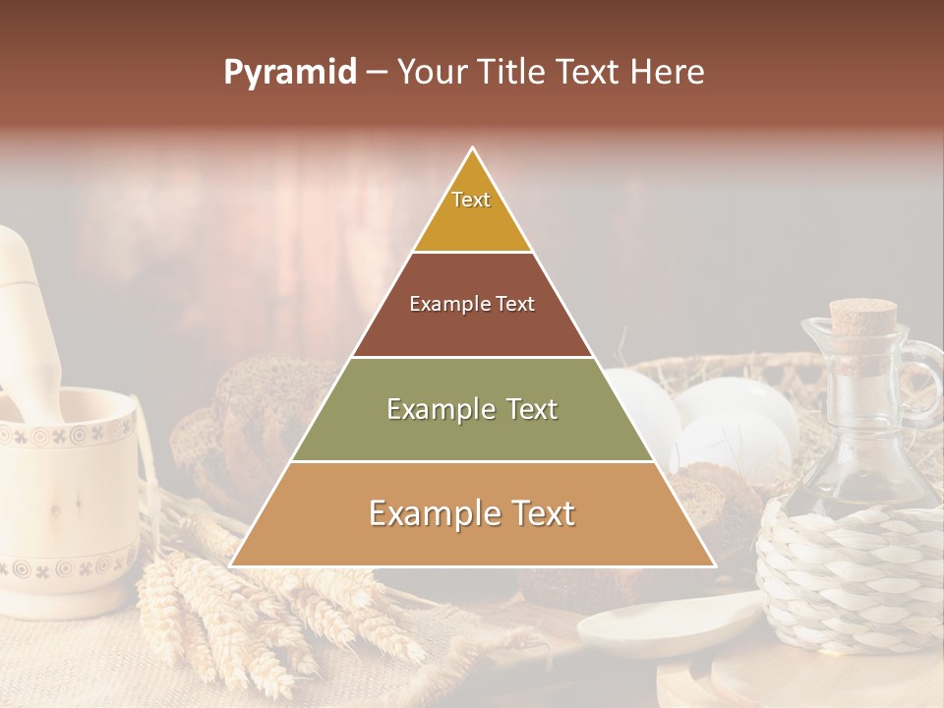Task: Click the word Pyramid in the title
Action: [289, 73]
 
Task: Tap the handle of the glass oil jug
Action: [925, 383]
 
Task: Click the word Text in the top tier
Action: [471, 200]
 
